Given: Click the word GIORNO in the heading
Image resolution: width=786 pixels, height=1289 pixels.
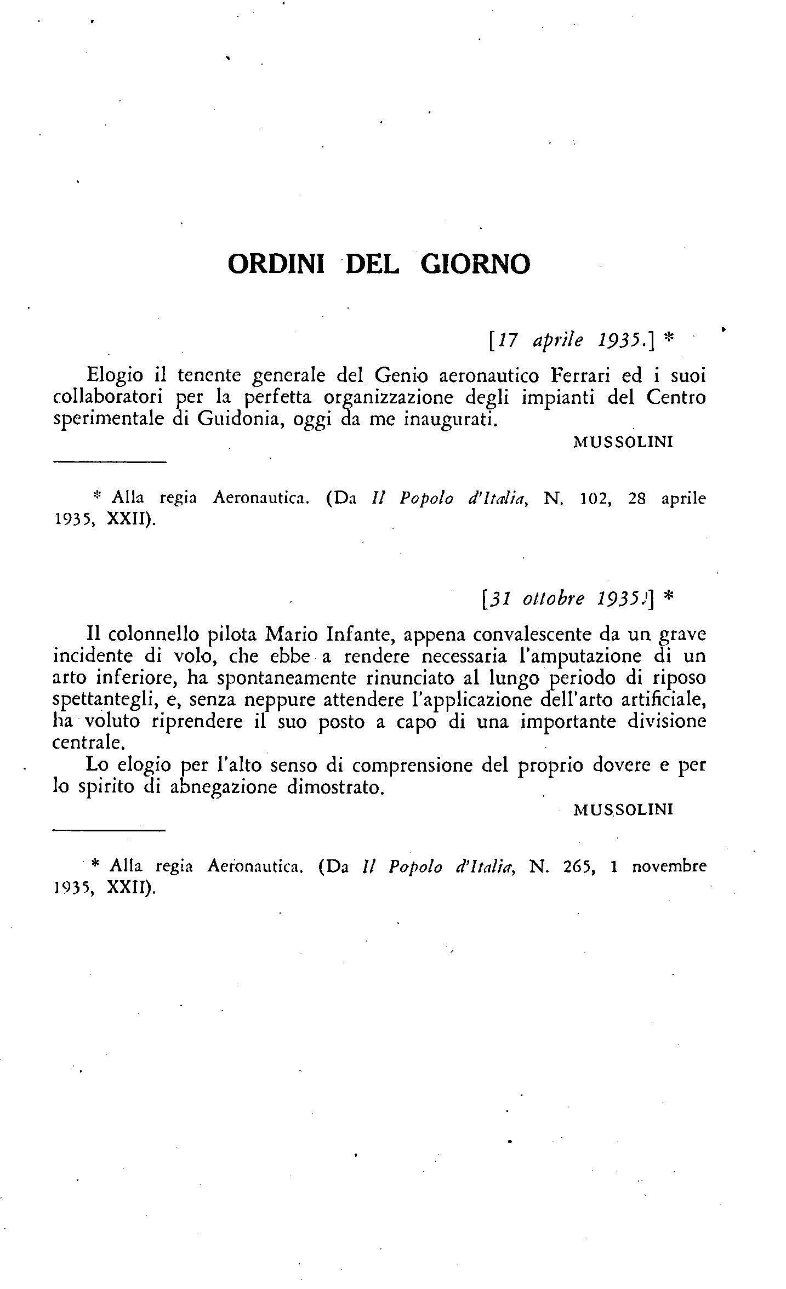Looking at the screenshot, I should tap(475, 264).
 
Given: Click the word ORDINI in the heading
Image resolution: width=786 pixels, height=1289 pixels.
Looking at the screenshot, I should tap(276, 264).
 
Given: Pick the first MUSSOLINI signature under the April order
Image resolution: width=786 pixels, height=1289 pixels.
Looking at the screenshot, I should tap(623, 442).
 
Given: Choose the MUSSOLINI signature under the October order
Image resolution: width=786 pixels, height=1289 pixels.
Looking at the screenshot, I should tap(623, 809).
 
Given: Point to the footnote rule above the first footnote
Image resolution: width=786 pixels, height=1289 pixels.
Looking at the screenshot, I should tap(109, 464).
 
